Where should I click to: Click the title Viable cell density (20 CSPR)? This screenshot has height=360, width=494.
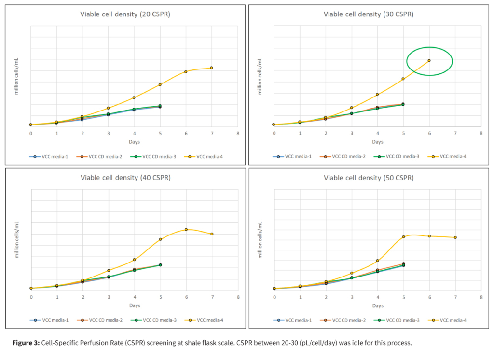(125, 14)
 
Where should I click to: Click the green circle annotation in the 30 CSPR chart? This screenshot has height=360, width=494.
(429, 61)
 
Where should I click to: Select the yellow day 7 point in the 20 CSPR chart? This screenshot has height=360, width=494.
(211, 68)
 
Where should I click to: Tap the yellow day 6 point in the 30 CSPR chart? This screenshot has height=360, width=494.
(429, 60)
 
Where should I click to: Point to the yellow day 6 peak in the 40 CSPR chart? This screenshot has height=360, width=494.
(186, 229)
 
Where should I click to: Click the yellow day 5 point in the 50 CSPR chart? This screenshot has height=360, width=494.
(403, 237)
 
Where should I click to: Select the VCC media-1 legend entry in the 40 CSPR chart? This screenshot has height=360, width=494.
(53, 320)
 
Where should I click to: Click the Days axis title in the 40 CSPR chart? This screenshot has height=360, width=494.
(134, 305)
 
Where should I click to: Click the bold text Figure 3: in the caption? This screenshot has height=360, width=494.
(26, 343)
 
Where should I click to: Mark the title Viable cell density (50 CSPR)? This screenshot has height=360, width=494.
(368, 178)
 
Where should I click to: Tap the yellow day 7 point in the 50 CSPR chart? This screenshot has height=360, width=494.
(455, 237)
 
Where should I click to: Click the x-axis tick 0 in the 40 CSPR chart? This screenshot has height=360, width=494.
(31, 296)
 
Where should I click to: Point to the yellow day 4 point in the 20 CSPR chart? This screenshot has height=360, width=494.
(134, 97)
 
